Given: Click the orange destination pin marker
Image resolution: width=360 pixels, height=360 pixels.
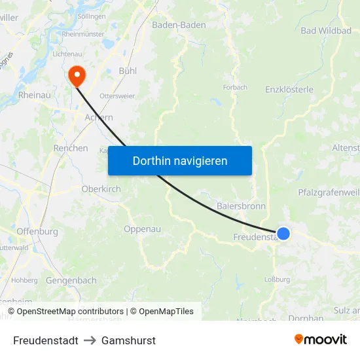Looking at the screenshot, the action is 77,75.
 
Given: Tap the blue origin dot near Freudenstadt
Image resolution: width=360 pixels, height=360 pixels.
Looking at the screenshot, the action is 283,234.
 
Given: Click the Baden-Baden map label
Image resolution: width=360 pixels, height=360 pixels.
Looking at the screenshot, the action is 179,25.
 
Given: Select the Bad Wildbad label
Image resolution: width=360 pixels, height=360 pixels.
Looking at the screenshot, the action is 326,30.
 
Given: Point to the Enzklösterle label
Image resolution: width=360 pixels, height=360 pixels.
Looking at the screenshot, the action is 289,90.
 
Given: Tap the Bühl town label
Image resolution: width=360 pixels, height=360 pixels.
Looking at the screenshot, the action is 128,70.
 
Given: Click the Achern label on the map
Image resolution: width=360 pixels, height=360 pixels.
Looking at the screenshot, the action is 99,118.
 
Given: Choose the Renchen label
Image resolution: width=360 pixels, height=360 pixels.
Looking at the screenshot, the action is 71,148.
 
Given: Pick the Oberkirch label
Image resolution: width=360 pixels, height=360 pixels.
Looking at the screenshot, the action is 101,189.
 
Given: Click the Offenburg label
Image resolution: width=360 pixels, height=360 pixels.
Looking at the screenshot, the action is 37,231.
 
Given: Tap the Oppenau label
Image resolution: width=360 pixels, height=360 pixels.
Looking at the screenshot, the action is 143,229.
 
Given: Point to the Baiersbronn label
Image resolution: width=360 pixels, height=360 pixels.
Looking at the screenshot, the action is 241,206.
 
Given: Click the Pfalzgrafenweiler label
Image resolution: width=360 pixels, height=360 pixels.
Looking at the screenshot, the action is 329,192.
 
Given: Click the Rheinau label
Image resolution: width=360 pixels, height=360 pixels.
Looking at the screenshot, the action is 35,95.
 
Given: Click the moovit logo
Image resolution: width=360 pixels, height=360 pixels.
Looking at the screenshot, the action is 321,340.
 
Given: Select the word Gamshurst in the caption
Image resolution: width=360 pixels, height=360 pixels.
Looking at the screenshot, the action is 128,340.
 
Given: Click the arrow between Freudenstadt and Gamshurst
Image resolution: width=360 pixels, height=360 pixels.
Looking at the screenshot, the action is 90,340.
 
